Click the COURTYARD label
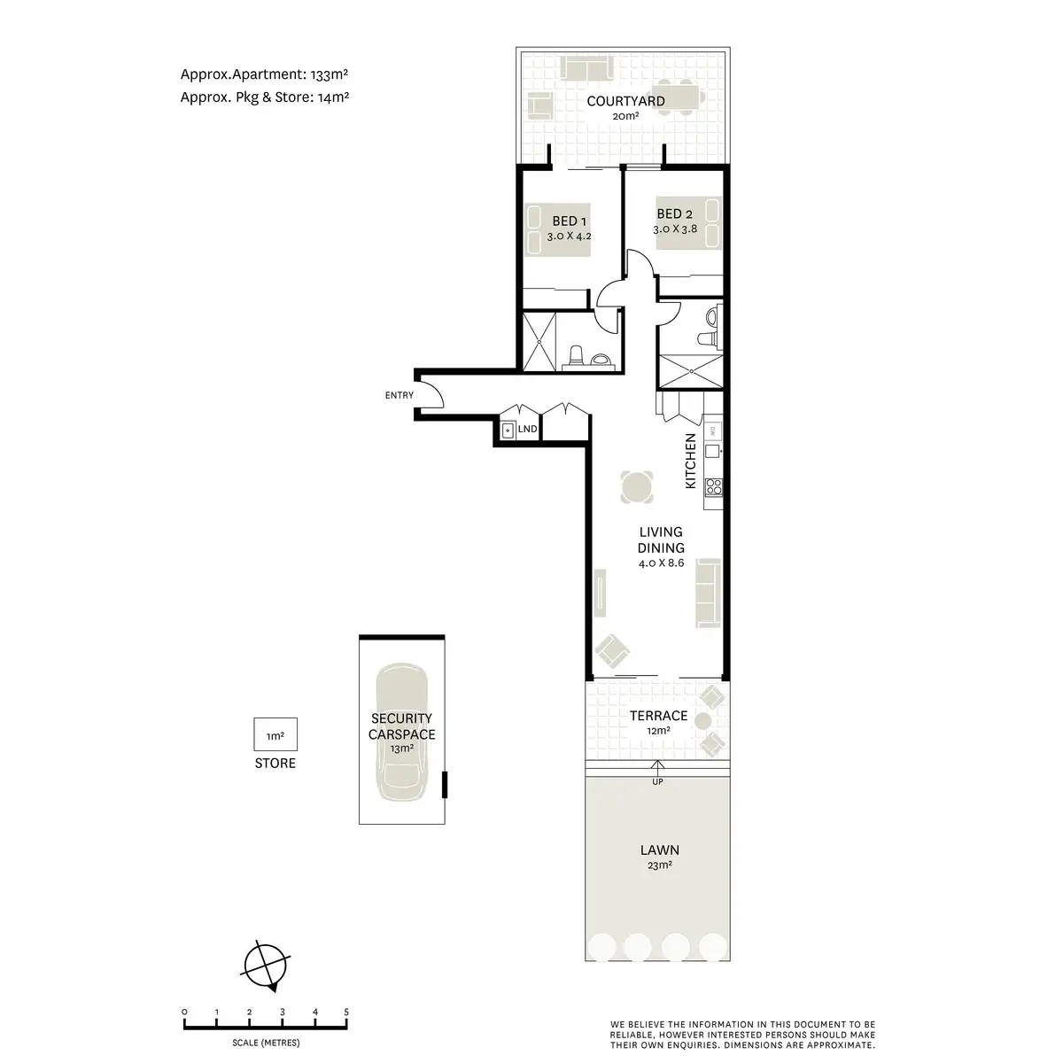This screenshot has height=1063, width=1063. point(625,101)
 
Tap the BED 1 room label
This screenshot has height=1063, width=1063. point(570,221)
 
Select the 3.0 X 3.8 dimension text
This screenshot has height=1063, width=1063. point(675,229)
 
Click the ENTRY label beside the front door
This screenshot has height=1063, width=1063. point(399,395)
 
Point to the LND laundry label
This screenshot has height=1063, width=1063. point(527,429)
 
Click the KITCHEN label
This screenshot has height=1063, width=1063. point(689,461)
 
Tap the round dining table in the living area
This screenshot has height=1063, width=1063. point(638,486)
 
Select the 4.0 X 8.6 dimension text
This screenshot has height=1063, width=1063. point(661,563)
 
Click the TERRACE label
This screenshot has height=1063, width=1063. point(658,716)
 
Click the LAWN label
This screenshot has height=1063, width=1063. point(659,850)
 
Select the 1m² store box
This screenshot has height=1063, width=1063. point(275,735)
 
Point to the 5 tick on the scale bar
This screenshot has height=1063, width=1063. point(346,1012)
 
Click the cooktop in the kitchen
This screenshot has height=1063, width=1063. point(713,486)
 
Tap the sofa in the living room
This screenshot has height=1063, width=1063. point(708,591)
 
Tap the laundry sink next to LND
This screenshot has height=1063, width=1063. point(508,431)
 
